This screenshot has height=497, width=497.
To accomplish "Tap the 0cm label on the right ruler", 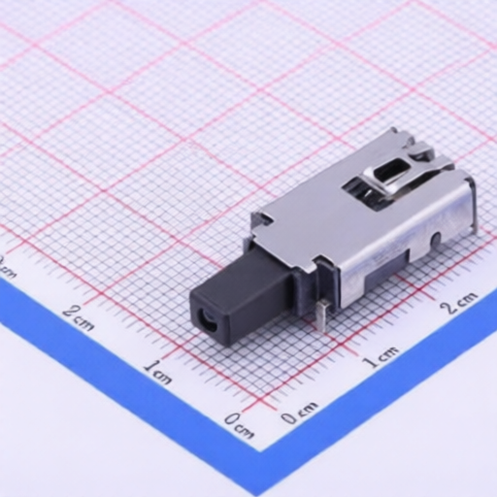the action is (299, 412).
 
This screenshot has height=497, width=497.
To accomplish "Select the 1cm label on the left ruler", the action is (157, 372).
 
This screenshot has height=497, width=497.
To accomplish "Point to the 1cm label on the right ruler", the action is (380, 356).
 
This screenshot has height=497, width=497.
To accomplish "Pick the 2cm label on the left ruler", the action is (78, 317).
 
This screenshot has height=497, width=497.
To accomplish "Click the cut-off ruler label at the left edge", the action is (7, 268).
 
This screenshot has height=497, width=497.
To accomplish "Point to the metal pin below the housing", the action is (321, 315).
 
